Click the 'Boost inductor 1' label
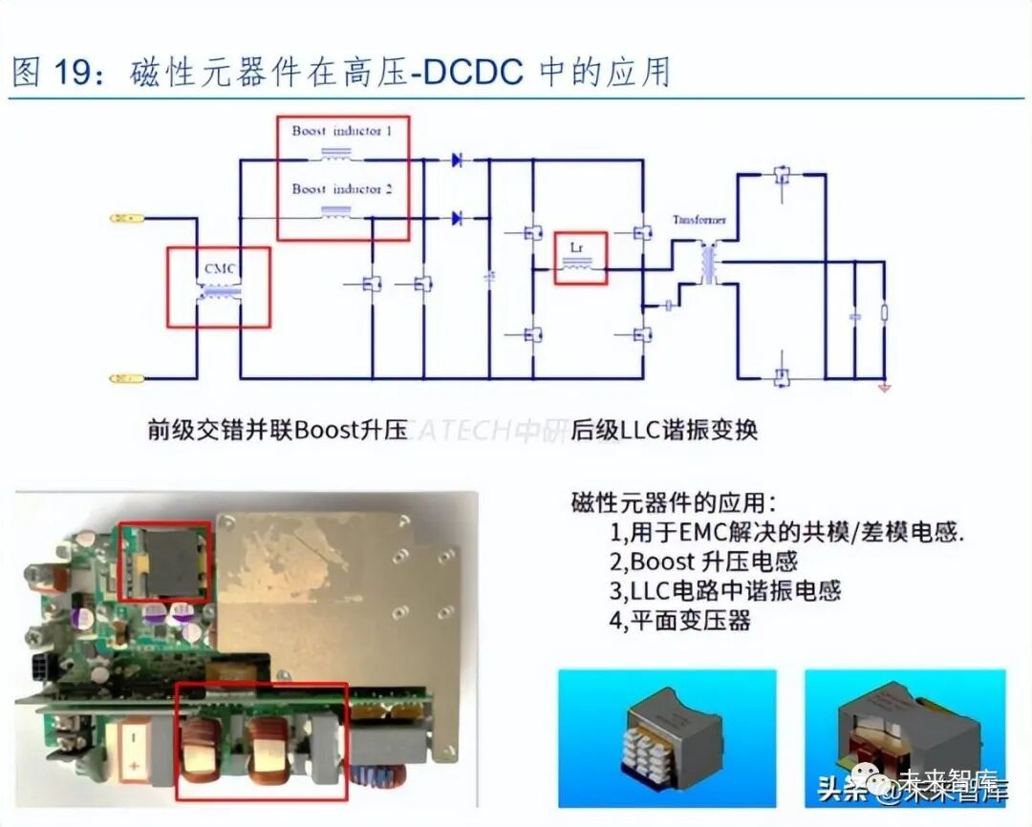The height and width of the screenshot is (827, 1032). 341,131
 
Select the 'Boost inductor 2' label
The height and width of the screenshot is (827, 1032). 341,189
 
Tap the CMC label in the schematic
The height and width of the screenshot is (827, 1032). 219,268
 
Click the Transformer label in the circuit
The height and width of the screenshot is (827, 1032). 699,220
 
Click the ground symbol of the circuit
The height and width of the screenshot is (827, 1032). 884,387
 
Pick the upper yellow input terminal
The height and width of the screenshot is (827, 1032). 126,219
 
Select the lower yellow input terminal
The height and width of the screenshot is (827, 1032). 126,379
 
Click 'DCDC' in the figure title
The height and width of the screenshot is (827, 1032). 474,73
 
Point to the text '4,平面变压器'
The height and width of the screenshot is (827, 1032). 679,621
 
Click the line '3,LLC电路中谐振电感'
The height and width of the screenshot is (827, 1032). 725,591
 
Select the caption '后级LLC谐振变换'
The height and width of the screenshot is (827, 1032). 664,431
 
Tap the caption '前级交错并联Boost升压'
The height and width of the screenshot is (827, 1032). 277,431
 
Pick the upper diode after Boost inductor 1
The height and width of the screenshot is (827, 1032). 457,160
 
